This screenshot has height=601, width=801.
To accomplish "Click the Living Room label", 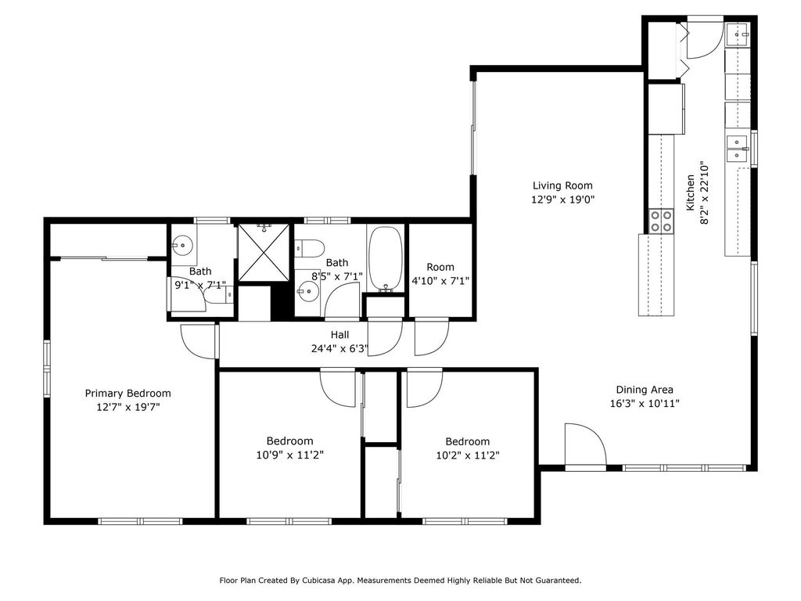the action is [562, 185].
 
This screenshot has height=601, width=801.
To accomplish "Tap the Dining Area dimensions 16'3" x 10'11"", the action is [645, 403].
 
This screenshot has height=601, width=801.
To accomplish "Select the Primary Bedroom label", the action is [128, 393].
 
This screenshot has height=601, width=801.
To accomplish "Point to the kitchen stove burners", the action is [661, 221].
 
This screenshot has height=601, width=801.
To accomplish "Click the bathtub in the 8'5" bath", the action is [386, 259].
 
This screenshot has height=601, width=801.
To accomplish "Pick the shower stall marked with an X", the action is [264, 252].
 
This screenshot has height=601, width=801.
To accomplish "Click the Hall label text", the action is [339, 335].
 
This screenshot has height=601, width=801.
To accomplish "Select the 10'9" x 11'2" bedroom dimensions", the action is [289, 455].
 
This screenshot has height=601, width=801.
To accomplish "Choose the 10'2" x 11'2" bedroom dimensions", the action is [468, 455].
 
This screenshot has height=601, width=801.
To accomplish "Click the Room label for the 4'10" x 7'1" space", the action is [440, 267].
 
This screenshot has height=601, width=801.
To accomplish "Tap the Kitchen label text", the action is [690, 193].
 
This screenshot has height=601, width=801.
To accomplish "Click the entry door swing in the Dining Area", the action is [585, 444].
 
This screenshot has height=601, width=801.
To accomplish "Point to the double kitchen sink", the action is [737, 147].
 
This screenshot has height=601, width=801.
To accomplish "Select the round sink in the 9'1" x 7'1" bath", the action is [181, 245].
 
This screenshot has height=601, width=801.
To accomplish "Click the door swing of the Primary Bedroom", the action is [198, 340].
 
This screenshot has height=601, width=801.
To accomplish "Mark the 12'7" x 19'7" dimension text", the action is [128, 407].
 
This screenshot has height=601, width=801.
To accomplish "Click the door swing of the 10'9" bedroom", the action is [338, 387].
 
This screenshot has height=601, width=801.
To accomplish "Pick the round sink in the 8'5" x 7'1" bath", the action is [308, 292].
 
